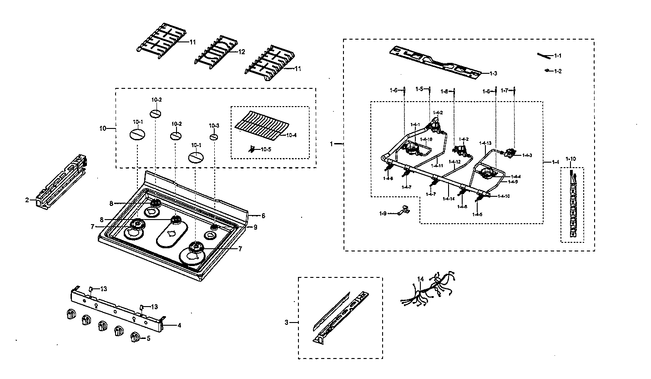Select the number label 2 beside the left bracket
(27, 200)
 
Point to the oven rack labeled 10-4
(262, 123)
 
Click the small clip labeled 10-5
(252, 149)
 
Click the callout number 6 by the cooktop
(263, 215)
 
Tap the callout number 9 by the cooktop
(255, 227)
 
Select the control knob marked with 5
(136, 337)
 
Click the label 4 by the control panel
(179, 325)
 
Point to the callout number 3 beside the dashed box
(287, 323)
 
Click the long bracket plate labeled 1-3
(434, 61)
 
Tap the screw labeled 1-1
(543, 55)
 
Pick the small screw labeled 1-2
(547, 71)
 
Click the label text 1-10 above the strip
(570, 159)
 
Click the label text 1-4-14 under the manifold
(449, 199)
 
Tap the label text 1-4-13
(486, 143)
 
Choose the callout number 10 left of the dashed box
(103, 128)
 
